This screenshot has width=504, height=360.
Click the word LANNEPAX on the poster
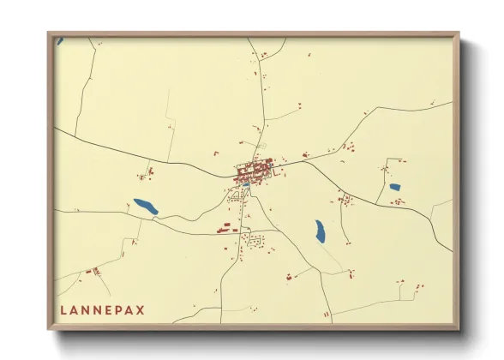(x=102, y=309)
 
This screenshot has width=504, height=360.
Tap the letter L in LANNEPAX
(x=63, y=309)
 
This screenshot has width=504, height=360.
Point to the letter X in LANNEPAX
(x=141, y=309)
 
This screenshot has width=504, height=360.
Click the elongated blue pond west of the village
(x=146, y=207)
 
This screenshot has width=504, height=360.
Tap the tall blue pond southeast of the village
(x=319, y=231)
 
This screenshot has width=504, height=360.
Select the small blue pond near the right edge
(x=394, y=187)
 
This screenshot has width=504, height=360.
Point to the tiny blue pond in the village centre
(x=246, y=184)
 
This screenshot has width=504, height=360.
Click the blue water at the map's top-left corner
(x=59, y=40)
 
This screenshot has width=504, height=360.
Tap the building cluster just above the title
(x=93, y=271)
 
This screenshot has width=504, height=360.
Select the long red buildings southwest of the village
(x=225, y=228)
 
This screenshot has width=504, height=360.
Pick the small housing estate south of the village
(x=254, y=243)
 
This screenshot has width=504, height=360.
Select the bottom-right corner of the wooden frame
(x=459, y=328)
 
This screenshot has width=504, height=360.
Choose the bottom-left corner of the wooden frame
(x=49, y=328)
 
